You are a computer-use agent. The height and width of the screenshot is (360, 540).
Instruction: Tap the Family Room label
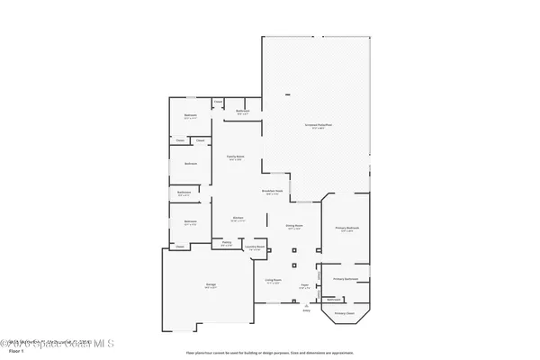[x=238, y=156]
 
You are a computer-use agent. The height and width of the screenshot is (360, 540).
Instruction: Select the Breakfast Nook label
[x=273, y=191]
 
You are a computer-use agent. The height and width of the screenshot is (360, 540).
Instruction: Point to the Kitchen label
[x=238, y=217]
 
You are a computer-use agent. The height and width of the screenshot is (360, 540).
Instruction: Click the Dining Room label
[x=294, y=225]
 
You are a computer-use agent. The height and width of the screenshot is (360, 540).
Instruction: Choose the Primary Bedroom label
[x=346, y=228]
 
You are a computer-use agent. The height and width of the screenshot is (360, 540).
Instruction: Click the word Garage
[x=210, y=283]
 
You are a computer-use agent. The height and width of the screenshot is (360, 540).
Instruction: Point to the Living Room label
[x=273, y=279]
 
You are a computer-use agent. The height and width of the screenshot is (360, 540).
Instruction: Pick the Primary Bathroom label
[x=346, y=279]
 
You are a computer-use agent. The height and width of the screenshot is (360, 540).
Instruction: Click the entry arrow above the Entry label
[x=306, y=304]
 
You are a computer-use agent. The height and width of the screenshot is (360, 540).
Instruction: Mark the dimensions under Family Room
[x=238, y=159]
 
